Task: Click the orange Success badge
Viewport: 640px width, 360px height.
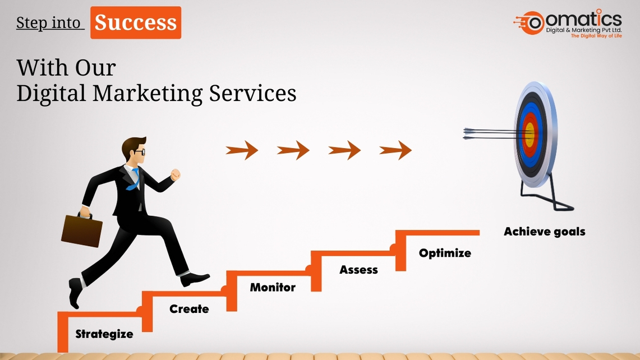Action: click(x=136, y=22)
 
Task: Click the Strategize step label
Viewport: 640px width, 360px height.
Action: click(x=104, y=334)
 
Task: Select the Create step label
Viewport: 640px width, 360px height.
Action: click(x=189, y=308)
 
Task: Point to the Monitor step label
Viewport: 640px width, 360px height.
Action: click(x=273, y=287)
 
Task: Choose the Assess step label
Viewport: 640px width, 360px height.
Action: click(x=359, y=270)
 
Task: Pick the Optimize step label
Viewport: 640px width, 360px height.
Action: click(x=445, y=253)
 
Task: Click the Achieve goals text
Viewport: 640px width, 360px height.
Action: click(x=545, y=232)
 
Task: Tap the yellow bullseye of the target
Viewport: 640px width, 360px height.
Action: click(x=530, y=135)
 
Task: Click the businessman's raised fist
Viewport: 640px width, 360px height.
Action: click(x=176, y=174)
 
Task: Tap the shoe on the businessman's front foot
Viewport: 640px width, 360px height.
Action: click(x=195, y=279)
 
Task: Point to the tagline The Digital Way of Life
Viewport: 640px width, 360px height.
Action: click(x=596, y=36)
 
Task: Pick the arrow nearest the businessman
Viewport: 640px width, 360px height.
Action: click(x=242, y=150)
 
